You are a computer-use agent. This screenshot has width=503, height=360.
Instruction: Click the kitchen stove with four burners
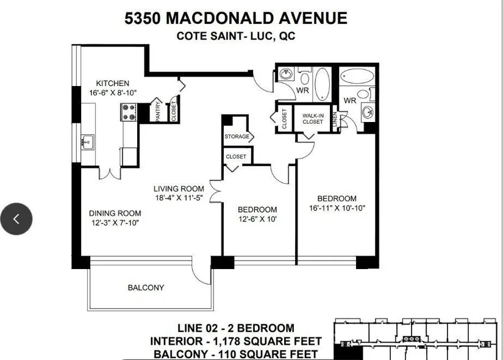(129, 112)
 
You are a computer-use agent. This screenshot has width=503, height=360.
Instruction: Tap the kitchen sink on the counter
(87, 142)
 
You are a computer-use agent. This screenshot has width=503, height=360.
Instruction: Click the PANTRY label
(157, 111)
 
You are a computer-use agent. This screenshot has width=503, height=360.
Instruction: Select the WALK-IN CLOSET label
(313, 119)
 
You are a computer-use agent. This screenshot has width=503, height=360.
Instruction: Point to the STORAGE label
(237, 137)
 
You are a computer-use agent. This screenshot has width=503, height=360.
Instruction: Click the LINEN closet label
(335, 119)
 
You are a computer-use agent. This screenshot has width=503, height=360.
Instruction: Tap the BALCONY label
(146, 287)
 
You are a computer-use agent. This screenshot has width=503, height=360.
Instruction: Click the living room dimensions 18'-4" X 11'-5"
(179, 198)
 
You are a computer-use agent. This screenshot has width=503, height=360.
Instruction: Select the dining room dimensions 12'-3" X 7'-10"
(115, 223)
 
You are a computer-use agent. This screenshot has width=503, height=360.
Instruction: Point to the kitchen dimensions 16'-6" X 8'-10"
(113, 93)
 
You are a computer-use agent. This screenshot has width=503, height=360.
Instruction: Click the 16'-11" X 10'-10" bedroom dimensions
(337, 208)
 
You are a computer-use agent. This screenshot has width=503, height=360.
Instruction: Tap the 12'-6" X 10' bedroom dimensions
(257, 219)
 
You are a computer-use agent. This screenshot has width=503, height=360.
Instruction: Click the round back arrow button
(16, 219)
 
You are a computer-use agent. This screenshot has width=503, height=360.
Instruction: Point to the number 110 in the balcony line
(226, 355)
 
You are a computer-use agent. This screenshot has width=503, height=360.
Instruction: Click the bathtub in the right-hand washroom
(357, 76)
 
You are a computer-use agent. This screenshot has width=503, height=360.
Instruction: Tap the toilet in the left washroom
(304, 77)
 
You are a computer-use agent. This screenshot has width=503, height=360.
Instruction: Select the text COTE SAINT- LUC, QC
(236, 35)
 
